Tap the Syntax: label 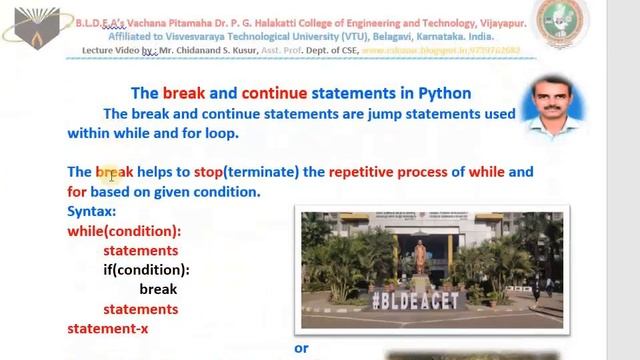pos(91,212)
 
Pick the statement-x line pos(109,328)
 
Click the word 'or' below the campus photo pos(301,348)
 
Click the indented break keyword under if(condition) pos(158,289)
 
